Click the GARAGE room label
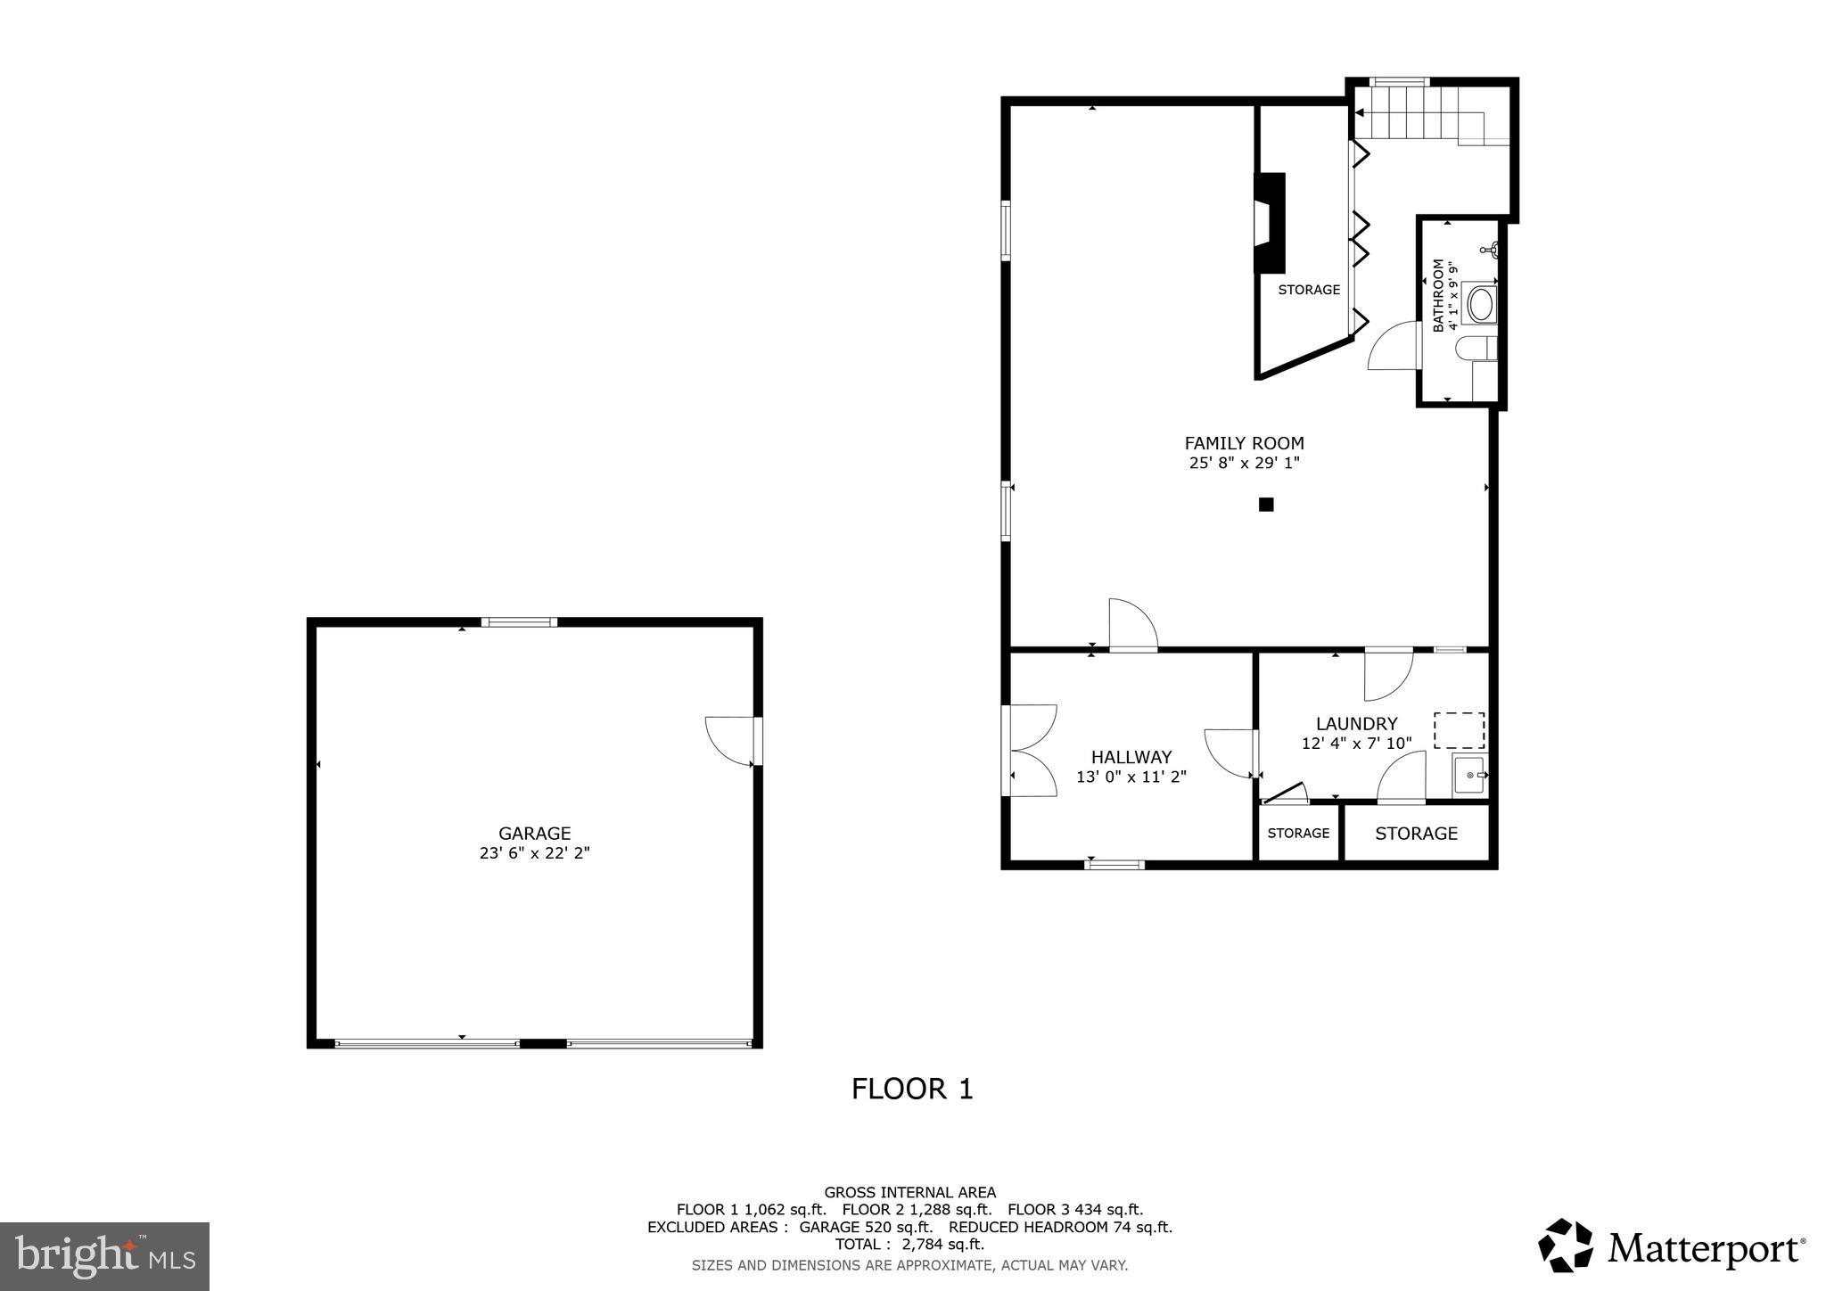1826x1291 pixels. point(534,834)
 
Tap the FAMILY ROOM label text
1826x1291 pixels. point(1244,443)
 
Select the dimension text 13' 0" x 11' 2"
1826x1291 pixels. point(1131,777)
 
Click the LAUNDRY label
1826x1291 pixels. point(1356,724)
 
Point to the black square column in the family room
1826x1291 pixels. point(1265,505)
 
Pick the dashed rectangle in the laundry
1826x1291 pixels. point(1459,730)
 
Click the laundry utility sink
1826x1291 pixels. point(1469,775)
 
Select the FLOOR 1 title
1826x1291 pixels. point(912,1089)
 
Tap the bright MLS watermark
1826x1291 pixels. point(105,1256)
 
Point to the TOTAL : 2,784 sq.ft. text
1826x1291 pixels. point(909,1245)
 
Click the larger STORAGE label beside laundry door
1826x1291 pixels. point(1416,834)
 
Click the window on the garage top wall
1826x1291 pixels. point(519,622)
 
